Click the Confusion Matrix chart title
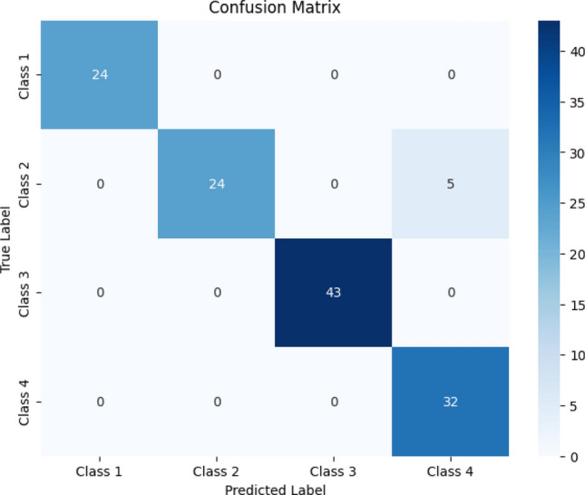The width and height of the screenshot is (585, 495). point(274,8)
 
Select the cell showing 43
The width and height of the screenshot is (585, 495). point(332,292)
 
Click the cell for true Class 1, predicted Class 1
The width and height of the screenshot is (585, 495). point(100,74)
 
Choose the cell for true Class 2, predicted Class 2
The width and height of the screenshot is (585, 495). point(216,183)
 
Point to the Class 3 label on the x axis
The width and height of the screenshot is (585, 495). point(332,471)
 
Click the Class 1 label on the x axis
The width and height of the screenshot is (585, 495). point(100,471)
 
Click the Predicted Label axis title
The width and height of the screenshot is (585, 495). point(274,488)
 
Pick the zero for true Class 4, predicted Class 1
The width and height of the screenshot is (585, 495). point(100,401)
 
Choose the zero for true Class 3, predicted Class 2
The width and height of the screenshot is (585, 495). point(216,292)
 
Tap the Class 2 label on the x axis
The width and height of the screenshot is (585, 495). point(216,471)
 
